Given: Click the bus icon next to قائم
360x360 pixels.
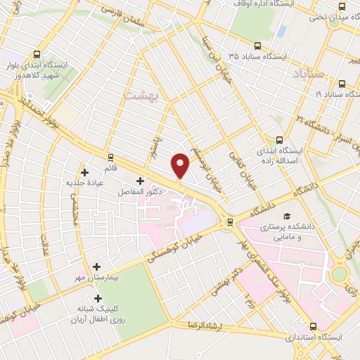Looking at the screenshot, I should click(x=110, y=156).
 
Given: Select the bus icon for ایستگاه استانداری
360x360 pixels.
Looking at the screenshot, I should click(x=312, y=326).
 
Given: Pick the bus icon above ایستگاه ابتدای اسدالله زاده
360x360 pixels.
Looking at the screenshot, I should click(x=279, y=139).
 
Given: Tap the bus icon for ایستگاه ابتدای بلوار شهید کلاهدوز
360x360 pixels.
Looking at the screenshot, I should click(x=36, y=53).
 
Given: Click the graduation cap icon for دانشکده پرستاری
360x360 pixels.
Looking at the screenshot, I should click(x=286, y=215).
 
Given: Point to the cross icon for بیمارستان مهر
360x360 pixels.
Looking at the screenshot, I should click(x=96, y=266).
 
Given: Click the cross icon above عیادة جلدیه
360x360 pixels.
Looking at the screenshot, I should click(x=85, y=171).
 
